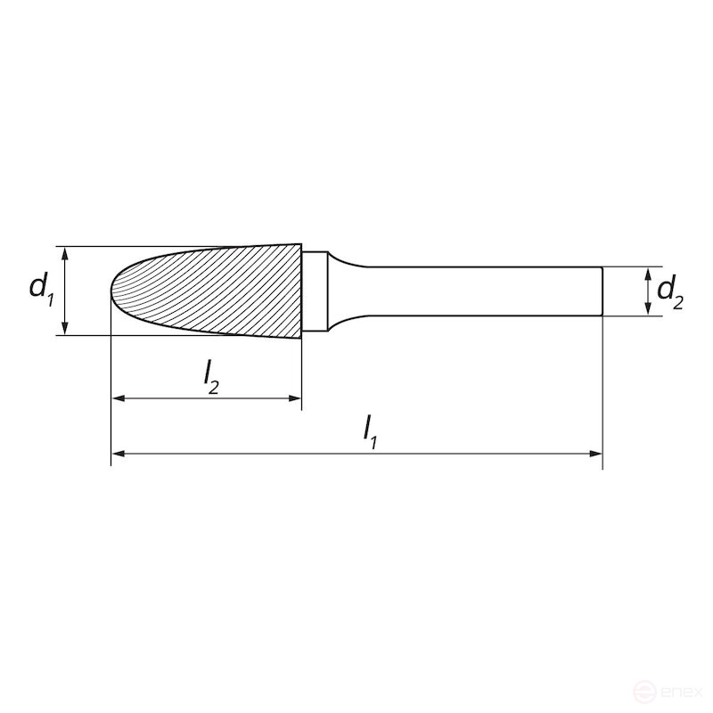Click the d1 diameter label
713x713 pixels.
41,289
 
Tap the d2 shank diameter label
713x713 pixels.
669,291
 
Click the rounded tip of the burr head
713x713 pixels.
113,291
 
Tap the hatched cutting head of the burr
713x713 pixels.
214,291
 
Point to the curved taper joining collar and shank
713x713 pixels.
343,291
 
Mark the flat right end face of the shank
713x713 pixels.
602,291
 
